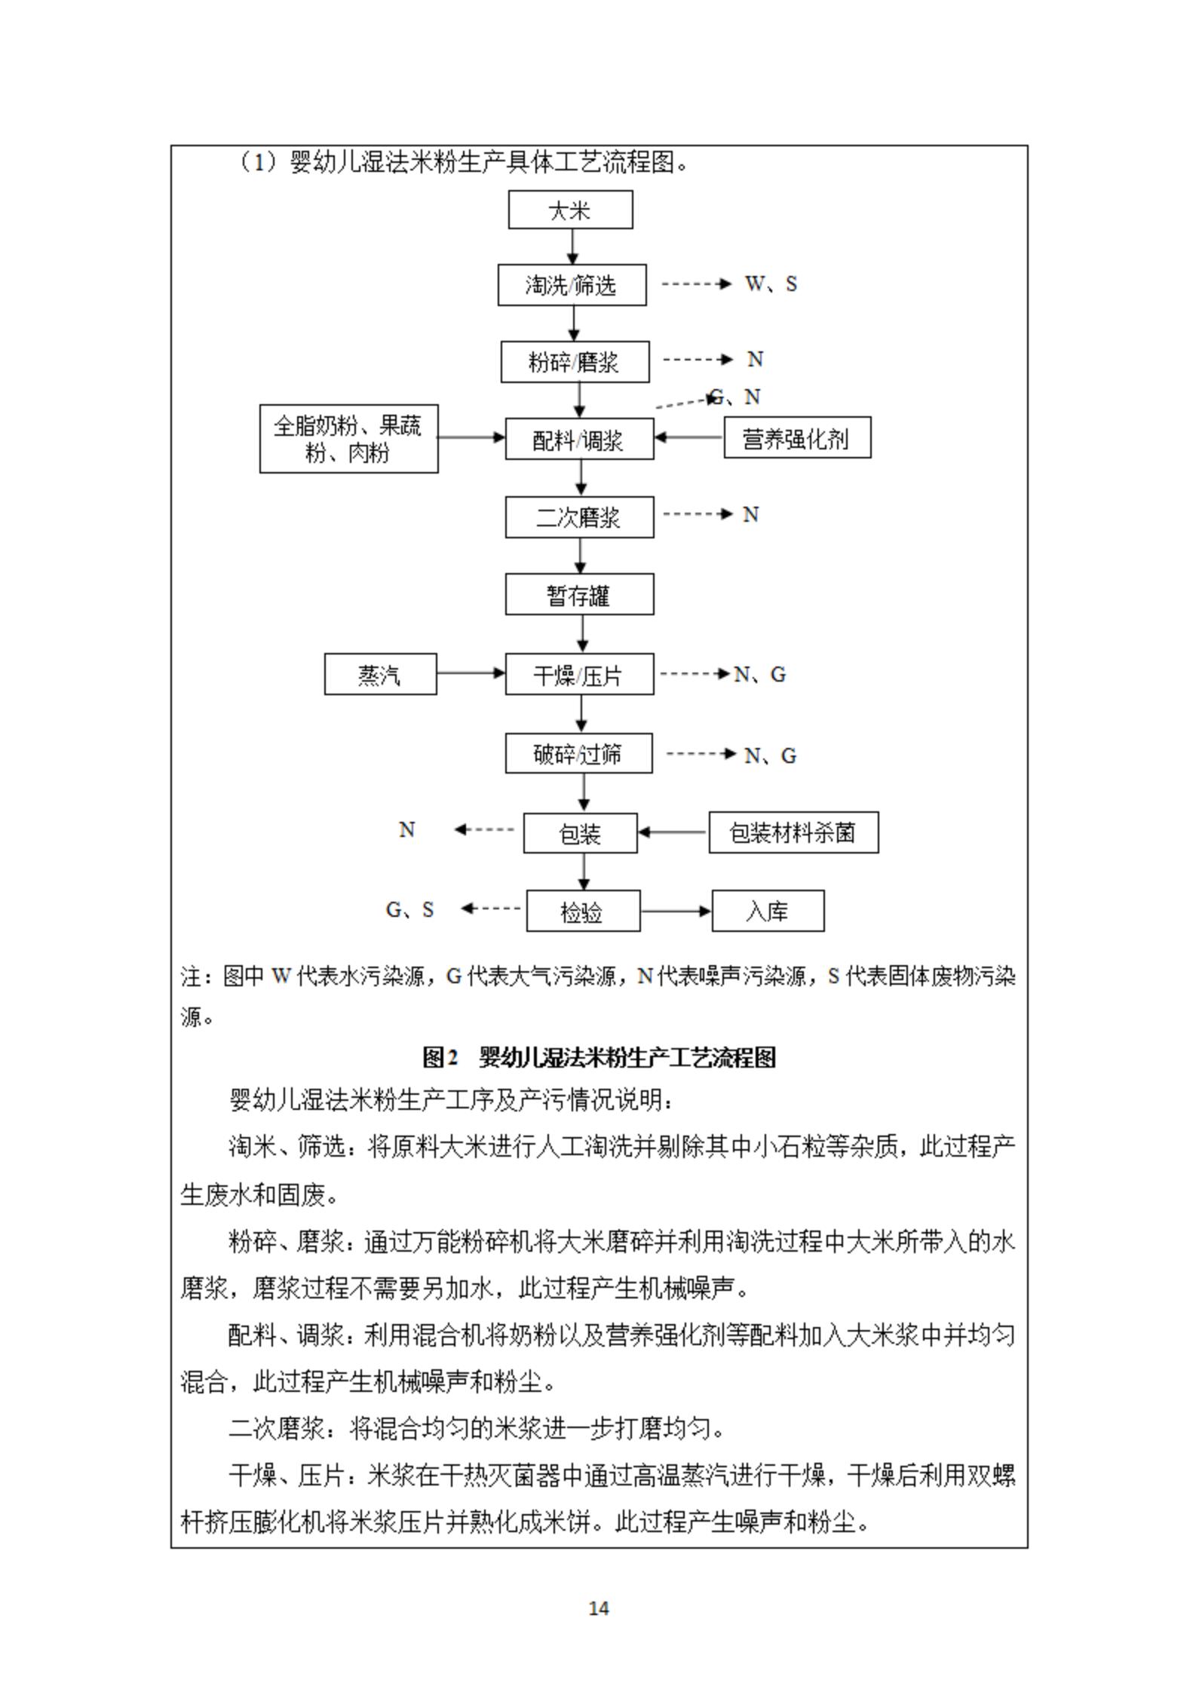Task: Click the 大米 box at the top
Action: [570, 210]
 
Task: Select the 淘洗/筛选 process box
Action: [572, 285]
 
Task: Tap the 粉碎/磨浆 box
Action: [575, 362]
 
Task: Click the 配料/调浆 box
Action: [579, 439]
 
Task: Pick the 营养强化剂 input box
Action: [797, 437]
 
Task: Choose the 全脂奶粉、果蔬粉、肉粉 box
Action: [348, 439]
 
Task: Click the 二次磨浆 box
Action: [579, 517]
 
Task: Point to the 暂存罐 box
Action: [579, 595]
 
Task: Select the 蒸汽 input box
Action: [380, 674]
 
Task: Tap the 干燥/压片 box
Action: [579, 674]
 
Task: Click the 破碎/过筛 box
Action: [578, 753]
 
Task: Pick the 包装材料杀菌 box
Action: [793, 832]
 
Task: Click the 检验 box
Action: [583, 912]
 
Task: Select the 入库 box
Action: [768, 912]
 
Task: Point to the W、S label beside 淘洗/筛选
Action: [771, 284]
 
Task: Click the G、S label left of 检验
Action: [410, 909]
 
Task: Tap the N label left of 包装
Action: [407, 829]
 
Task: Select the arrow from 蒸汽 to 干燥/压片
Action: [471, 673]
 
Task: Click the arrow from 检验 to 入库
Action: [676, 911]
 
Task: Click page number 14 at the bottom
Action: [598, 1608]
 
